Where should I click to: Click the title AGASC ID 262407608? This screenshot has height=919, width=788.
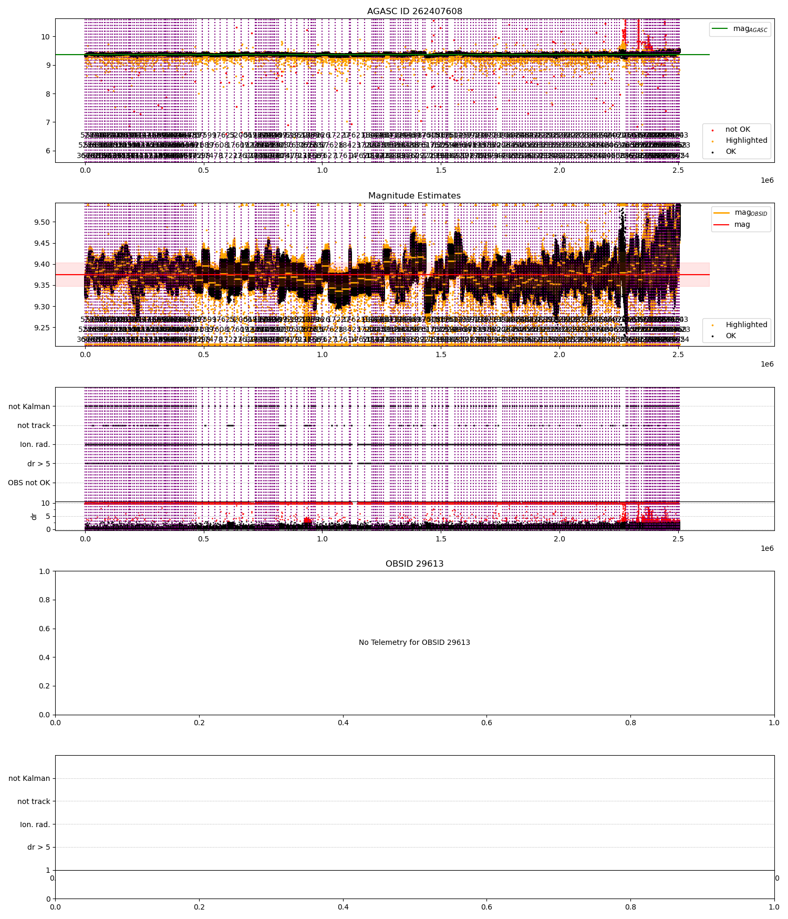(414, 11)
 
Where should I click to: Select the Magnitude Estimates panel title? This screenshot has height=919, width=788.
(414, 195)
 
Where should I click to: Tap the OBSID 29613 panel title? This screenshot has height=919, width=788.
(414, 563)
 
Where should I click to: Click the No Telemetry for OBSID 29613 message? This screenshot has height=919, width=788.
(414, 642)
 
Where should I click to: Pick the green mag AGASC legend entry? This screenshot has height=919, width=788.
(740, 29)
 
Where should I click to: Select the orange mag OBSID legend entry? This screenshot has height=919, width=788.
(740, 213)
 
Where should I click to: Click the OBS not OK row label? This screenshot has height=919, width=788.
(29, 483)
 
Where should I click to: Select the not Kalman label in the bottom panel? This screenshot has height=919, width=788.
(29, 778)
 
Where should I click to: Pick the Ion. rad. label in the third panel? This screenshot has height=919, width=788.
(35, 444)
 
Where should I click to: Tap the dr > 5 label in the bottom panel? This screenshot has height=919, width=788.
(38, 847)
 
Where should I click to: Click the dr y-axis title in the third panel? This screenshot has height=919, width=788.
(34, 516)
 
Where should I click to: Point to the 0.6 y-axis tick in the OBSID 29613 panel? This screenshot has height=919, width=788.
(46, 629)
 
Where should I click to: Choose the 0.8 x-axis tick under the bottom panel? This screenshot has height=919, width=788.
(630, 906)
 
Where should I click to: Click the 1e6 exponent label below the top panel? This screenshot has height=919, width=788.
(767, 180)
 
